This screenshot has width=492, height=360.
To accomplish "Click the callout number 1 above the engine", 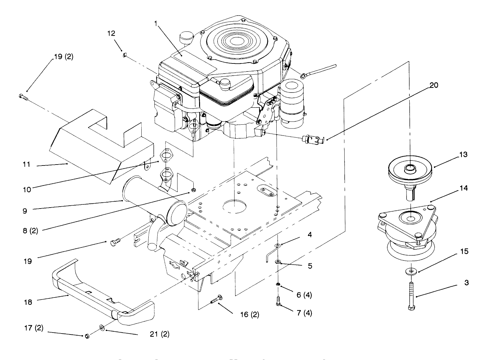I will pos(156,24).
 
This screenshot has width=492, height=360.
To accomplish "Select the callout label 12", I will pos(111,33).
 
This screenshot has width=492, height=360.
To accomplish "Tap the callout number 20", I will pos(434,85).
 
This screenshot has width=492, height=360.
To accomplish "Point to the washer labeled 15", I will pos(411,271).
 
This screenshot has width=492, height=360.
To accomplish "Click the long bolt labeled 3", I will pos(411,293).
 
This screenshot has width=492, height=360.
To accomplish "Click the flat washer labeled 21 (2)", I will pos(102,327).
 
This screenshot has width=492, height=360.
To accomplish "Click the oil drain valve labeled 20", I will pos(313,139).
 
